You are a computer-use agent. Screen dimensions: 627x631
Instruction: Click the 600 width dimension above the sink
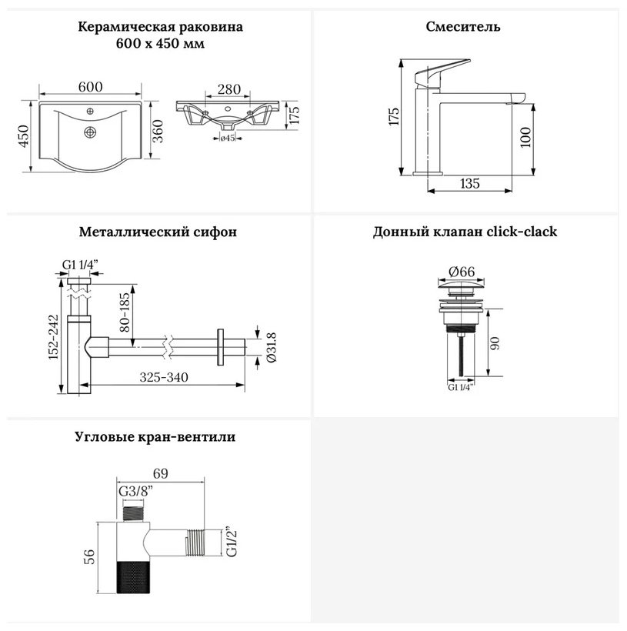pyautogui.click(x=91, y=86)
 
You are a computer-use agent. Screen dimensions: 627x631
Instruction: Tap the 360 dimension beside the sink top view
pyautogui.click(x=158, y=131)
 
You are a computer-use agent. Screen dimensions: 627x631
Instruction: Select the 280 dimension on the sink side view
pyautogui.click(x=229, y=89)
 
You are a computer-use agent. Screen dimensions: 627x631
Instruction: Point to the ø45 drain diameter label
pyautogui.click(x=228, y=139)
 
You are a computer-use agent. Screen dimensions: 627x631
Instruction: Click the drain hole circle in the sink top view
pyautogui.click(x=90, y=132)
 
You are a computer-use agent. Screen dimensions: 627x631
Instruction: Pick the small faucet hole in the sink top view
pyautogui.click(x=90, y=111)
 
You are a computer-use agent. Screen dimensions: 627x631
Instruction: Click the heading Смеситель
pyautogui.click(x=463, y=27)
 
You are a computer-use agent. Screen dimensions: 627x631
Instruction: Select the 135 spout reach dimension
pyautogui.click(x=469, y=183)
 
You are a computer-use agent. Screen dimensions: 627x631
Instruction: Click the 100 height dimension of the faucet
pyautogui.click(x=525, y=137)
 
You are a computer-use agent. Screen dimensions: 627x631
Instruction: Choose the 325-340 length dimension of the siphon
pyautogui.click(x=164, y=378)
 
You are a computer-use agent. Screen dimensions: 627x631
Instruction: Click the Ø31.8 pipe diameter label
pyautogui.click(x=272, y=347)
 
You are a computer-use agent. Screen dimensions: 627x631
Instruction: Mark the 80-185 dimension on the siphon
pyautogui.click(x=125, y=312)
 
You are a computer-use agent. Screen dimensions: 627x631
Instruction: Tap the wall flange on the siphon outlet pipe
pyautogui.click(x=220, y=347)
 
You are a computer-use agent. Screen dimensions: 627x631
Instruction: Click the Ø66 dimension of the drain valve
pyautogui.click(x=462, y=272)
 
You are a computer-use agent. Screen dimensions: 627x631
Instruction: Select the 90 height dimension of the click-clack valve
pyautogui.click(x=495, y=343)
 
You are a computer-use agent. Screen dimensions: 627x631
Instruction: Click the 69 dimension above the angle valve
pyautogui.click(x=160, y=473)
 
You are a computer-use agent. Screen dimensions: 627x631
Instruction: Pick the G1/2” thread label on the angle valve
pyautogui.click(x=232, y=541)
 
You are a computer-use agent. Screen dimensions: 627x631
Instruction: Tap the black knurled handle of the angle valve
pyautogui.click(x=133, y=576)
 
